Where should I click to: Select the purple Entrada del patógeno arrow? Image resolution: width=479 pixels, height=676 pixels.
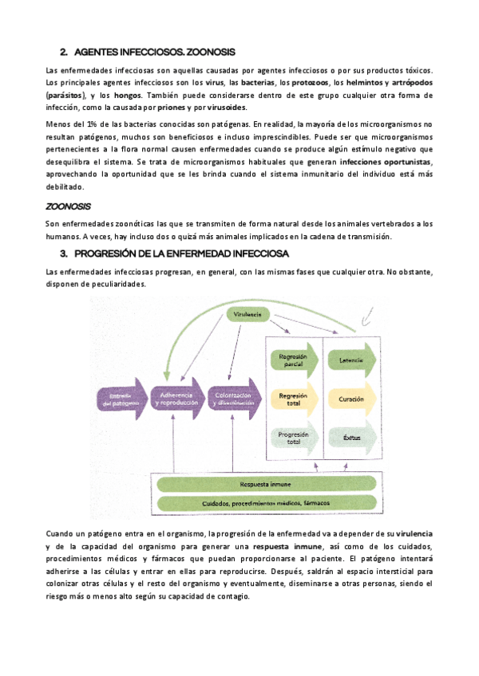(122, 400)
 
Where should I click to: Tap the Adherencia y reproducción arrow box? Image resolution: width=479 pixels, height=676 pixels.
(178, 400)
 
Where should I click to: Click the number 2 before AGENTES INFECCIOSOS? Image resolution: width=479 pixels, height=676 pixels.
(63, 52)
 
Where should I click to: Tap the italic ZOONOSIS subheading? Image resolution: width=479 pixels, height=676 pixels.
(69, 206)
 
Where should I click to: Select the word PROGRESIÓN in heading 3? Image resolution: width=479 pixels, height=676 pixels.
(104, 253)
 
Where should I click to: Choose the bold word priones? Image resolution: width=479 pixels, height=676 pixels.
(170, 108)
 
